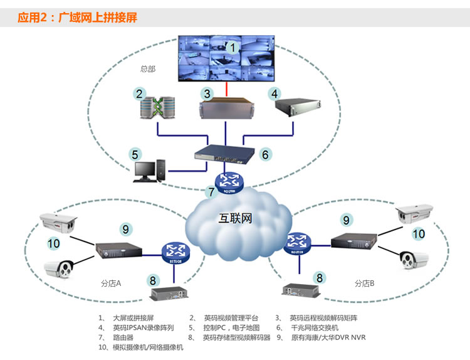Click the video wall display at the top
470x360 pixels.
pos(226,58)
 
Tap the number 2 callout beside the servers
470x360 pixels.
pos(139,94)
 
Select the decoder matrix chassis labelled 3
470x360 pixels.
pos(227,109)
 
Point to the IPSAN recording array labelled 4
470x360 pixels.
pos(298,107)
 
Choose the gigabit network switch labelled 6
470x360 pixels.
pos(224,154)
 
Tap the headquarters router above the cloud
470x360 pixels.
pos(229,183)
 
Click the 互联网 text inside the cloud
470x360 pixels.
pos(235,218)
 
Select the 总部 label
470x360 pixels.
pos(148,69)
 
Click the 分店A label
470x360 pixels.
pos(111,283)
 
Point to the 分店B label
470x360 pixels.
pos(365,283)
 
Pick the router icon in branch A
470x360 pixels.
pos(175,253)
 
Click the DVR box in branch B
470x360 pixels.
pos(354,241)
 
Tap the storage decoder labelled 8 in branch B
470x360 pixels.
pos(301,291)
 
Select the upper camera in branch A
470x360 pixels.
pos(58,223)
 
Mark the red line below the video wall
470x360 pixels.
pos(226,89)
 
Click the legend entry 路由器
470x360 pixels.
pos(123,337)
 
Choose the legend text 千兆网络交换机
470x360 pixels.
pos(315,327)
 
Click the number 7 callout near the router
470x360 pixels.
pos(212,192)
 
